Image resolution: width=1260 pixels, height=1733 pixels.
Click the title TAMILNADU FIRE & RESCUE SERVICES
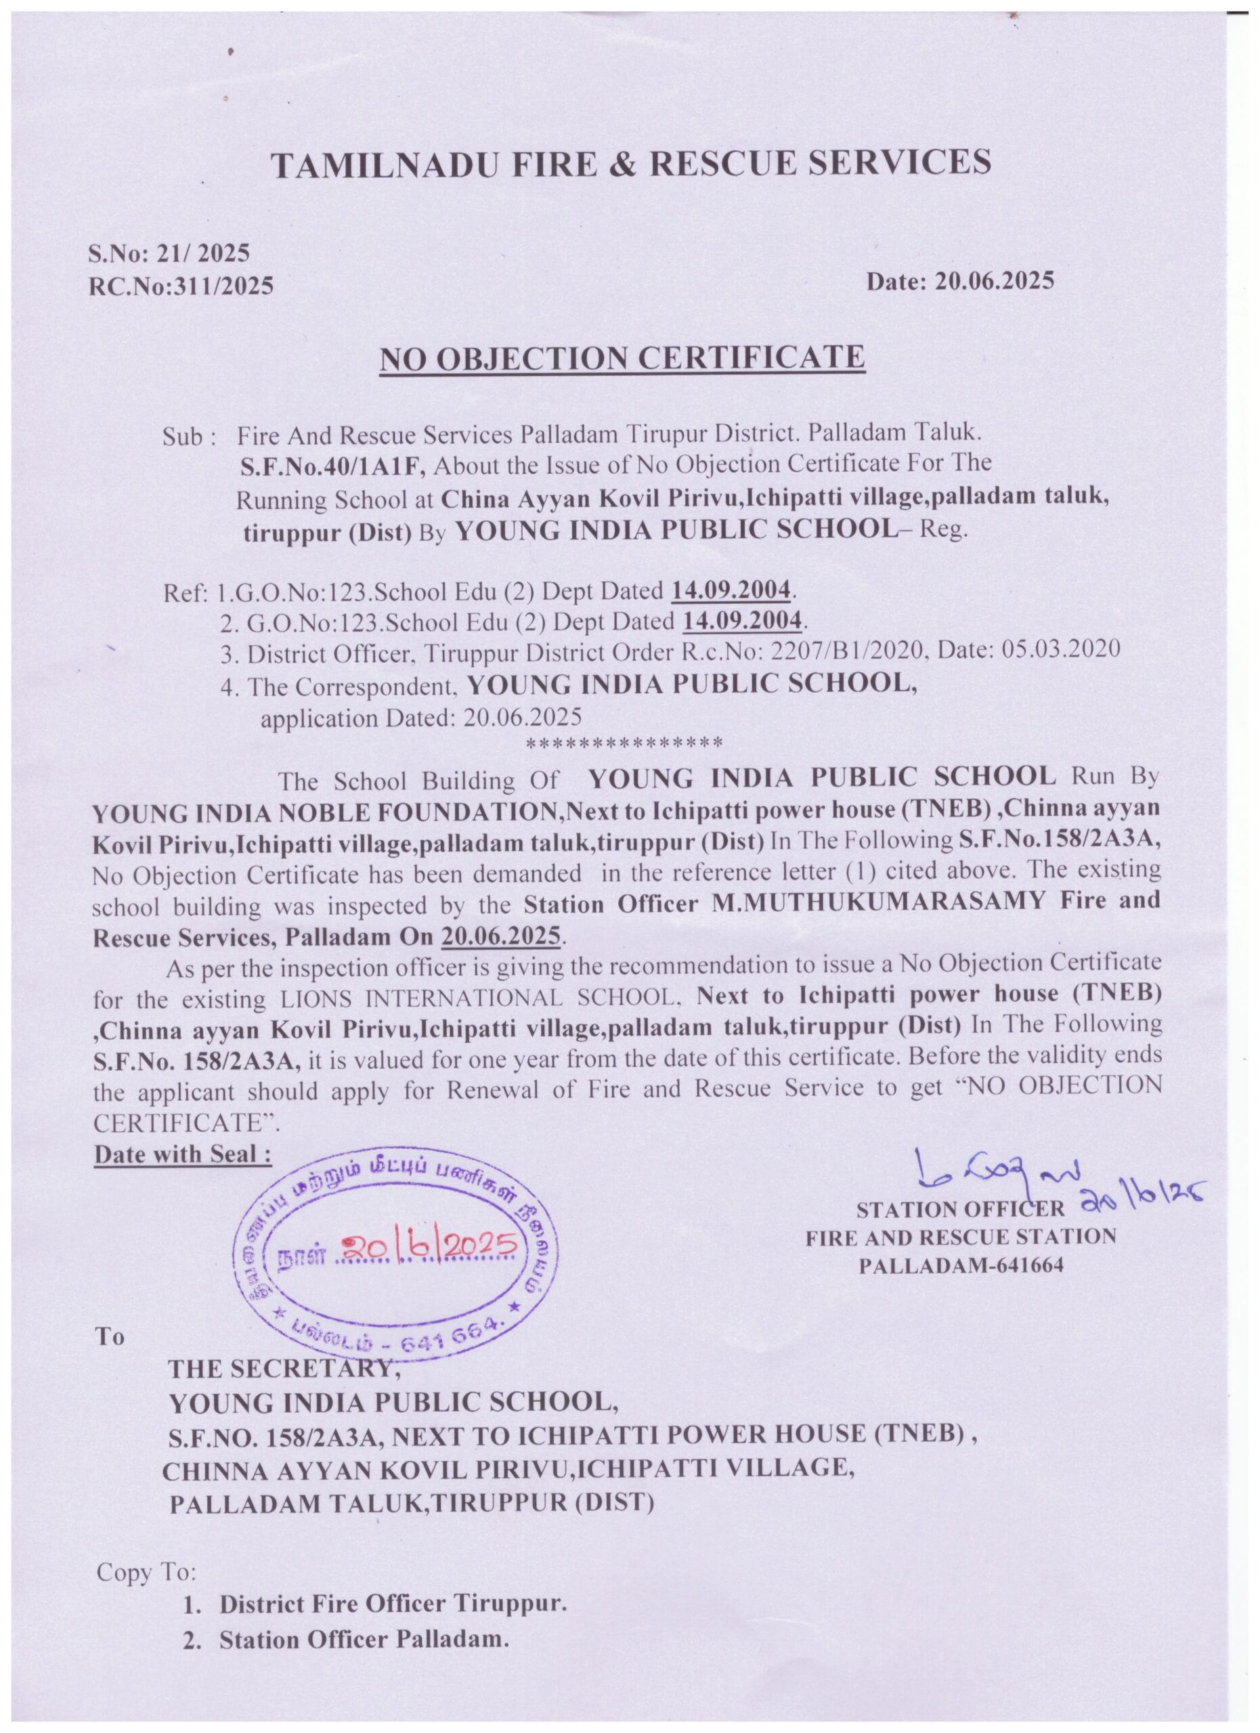632,164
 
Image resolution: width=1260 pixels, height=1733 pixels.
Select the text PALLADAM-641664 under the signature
961,1265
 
